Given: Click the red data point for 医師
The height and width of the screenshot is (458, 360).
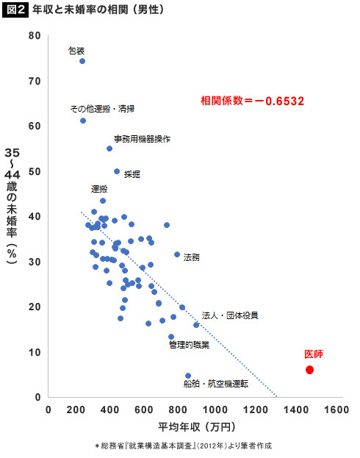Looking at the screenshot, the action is [x=309, y=370].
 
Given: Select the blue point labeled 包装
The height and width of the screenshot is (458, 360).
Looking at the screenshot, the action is [x=82, y=61].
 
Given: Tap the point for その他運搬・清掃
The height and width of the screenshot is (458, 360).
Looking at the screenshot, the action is [x=83, y=121].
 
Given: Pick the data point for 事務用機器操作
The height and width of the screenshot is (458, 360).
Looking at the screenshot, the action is [x=109, y=149].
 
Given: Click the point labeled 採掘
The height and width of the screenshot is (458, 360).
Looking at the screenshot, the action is [x=117, y=171].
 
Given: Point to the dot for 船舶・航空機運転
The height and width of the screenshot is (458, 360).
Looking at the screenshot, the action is [x=188, y=376].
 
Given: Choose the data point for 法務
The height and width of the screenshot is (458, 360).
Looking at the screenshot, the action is [x=177, y=254].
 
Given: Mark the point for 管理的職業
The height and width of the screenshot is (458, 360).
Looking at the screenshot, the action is [x=171, y=337].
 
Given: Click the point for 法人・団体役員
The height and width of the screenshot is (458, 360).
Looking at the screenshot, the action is [x=196, y=325].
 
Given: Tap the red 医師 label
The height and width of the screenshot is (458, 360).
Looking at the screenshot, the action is [x=314, y=354].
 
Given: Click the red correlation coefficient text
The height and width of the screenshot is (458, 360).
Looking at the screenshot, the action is [x=252, y=101].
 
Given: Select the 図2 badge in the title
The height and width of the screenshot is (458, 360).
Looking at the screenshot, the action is [x=15, y=10].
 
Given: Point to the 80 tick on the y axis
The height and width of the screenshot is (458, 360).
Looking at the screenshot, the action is [x=35, y=35].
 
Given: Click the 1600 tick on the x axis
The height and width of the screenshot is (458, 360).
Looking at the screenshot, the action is [x=336, y=409].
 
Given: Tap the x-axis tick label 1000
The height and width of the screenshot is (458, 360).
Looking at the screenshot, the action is [x=215, y=409].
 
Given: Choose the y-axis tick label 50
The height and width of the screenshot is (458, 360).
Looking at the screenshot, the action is [x=35, y=171].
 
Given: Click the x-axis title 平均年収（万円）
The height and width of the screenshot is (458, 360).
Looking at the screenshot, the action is [x=197, y=427].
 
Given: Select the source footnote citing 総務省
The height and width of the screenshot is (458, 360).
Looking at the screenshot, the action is [x=184, y=446].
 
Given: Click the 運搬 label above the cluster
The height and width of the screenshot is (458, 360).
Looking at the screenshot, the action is [x=99, y=189].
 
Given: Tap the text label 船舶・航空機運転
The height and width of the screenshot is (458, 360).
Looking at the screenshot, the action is [x=216, y=384].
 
